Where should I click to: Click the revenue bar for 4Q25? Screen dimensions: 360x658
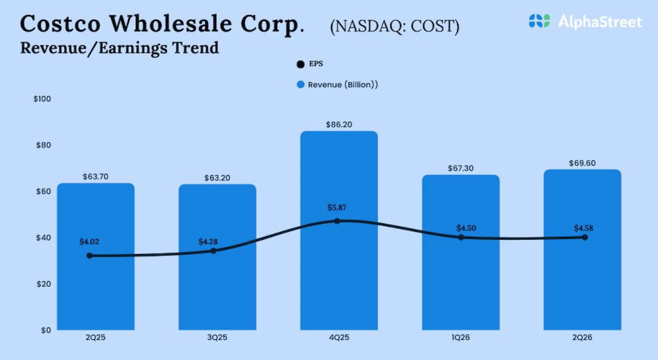click(x=339, y=270)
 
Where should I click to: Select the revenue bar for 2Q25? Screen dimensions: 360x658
click(x=95, y=289)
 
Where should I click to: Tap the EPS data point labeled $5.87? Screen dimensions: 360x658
click(x=337, y=221)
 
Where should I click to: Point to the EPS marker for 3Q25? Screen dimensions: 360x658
click(x=213, y=251)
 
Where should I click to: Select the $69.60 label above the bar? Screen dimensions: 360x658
click(x=582, y=163)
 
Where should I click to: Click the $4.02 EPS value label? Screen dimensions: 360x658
click(x=89, y=242)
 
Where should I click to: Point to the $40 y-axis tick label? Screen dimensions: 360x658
click(x=42, y=238)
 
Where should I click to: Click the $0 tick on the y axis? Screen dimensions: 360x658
click(x=46, y=330)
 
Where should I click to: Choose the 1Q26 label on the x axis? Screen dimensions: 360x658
click(x=460, y=339)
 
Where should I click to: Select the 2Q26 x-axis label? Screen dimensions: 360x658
click(x=582, y=339)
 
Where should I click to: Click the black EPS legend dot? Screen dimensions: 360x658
click(x=300, y=64)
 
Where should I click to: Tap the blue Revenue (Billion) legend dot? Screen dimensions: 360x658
click(x=300, y=85)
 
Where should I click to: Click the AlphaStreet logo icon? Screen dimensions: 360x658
click(x=540, y=21)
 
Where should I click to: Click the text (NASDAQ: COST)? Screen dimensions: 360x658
click(x=395, y=26)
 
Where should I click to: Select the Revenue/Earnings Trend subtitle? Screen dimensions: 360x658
click(x=120, y=48)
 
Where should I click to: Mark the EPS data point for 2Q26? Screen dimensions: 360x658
click(x=585, y=237)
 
